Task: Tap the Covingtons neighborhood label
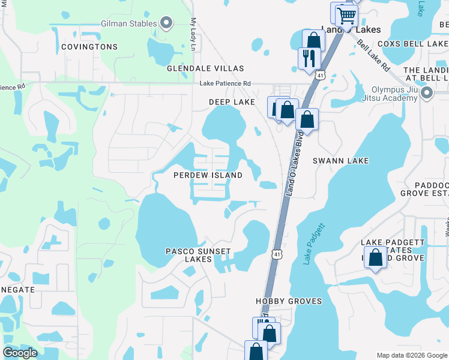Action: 89,46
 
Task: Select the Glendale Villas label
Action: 205,68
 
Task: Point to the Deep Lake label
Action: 232,102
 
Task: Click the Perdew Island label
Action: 208,175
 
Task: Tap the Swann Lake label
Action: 341,161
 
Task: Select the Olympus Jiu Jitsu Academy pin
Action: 427,92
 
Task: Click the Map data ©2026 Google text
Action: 411,355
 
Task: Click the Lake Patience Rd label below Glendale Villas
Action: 225,83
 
